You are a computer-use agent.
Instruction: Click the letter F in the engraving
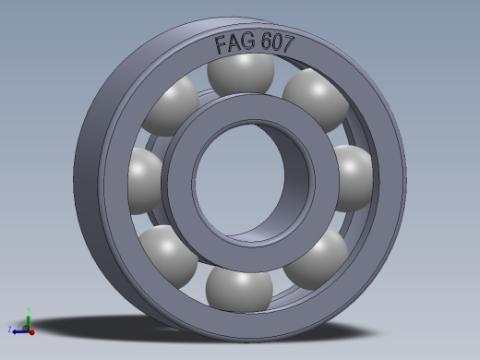222,44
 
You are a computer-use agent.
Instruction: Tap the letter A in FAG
234,43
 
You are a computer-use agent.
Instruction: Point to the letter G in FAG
249,42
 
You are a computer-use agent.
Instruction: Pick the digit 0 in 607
280,42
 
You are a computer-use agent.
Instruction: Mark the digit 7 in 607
290,43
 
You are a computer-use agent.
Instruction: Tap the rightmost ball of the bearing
353,175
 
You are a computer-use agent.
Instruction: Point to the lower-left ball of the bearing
166,255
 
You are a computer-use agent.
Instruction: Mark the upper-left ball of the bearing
171,106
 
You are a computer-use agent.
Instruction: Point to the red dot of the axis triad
31,330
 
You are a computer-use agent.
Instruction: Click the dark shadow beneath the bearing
138,328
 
